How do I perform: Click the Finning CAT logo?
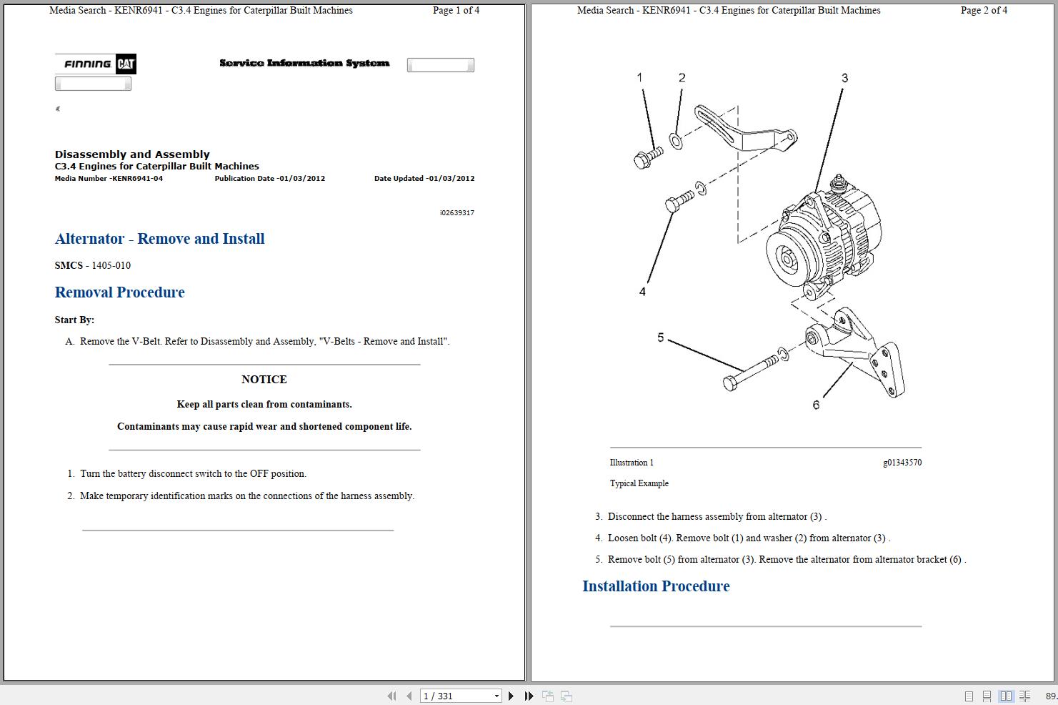click(x=96, y=64)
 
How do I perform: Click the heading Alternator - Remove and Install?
click(x=159, y=239)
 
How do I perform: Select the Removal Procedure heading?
click(x=119, y=292)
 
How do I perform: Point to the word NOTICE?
click(x=264, y=380)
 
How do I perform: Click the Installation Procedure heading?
click(x=655, y=586)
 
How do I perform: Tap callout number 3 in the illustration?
click(x=844, y=78)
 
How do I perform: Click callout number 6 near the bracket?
click(x=816, y=405)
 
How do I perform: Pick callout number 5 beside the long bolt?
click(x=661, y=337)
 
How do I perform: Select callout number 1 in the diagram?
click(x=639, y=77)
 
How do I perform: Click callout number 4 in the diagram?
click(x=642, y=292)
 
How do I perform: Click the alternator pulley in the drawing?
click(x=787, y=257)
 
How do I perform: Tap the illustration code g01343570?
click(x=902, y=463)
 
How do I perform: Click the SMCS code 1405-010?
click(x=111, y=265)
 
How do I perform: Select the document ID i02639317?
click(x=456, y=213)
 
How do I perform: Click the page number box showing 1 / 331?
click(x=460, y=696)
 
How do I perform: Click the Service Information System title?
click(x=304, y=64)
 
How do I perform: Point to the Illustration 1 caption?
click(x=632, y=463)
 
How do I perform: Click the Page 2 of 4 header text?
click(x=984, y=11)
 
